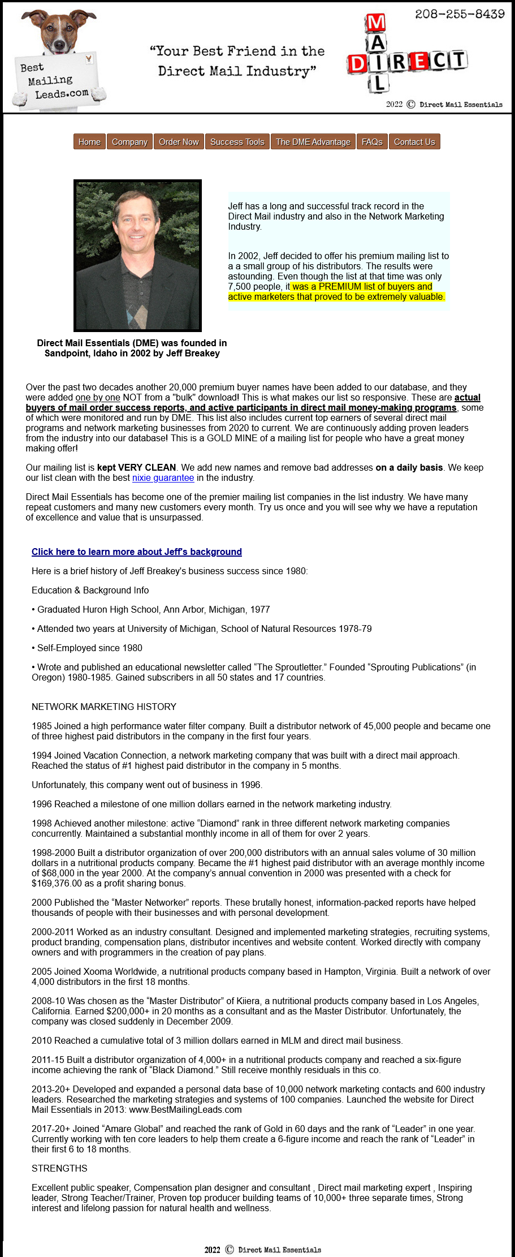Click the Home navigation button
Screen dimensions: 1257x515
pos(89,142)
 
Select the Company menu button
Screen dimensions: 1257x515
pos(129,142)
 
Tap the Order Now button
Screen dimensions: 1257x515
pos(179,142)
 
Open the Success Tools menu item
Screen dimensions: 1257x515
pos(237,142)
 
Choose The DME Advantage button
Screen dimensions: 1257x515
pos(313,142)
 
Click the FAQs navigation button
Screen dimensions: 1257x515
pos(372,142)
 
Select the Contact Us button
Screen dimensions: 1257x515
pos(414,142)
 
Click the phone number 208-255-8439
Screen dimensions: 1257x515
pos(460,14)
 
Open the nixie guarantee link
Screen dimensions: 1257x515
pos(163,478)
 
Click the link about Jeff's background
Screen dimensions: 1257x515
pos(137,552)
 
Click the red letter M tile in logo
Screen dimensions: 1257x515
pos(376,23)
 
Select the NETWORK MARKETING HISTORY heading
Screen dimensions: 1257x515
pos(104,707)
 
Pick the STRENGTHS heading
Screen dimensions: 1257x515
pos(59,1169)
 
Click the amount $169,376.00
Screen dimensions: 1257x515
pos(59,884)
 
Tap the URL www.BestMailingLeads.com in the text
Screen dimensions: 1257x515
pos(185,1110)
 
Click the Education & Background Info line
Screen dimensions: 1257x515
pos(90,591)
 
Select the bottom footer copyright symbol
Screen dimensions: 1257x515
pos(230,1250)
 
